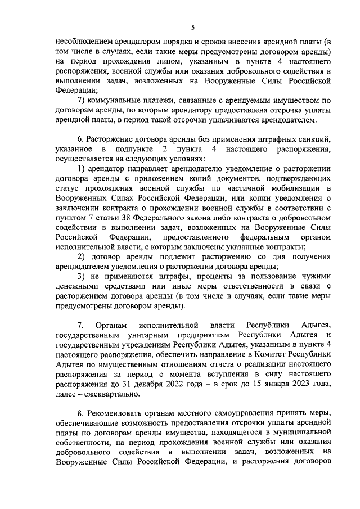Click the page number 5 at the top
[192, 28]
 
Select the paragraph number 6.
[79, 139]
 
